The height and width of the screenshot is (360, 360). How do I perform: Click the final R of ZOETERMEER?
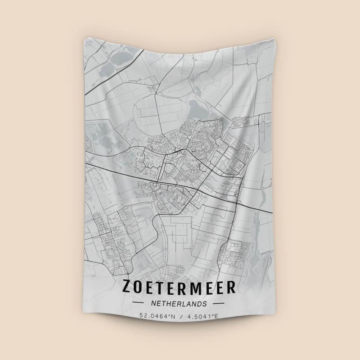[231, 287]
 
